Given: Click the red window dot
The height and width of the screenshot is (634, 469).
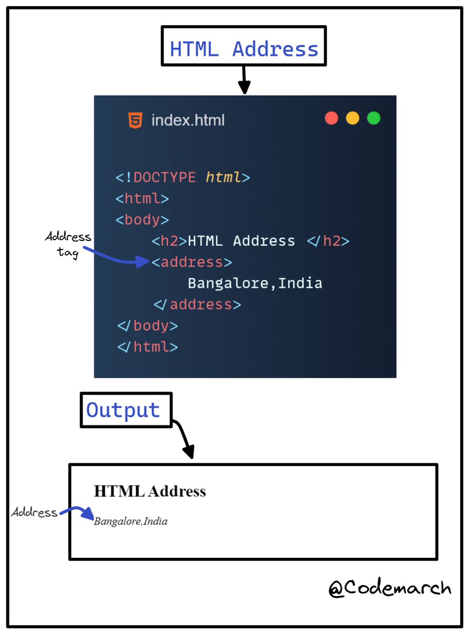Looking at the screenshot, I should tap(331, 118).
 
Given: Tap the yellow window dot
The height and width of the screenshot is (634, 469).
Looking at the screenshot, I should tap(352, 118).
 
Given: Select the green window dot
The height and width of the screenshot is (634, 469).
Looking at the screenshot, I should tap(374, 118).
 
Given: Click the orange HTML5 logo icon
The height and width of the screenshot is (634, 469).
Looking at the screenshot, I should tap(135, 120).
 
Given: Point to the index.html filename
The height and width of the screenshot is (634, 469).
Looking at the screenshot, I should tap(188, 120).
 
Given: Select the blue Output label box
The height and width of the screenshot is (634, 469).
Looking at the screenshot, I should tap(126, 410).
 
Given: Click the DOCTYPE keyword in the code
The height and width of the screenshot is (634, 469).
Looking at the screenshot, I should tap(164, 177).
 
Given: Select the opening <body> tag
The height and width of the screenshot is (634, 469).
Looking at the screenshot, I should tap(142, 220).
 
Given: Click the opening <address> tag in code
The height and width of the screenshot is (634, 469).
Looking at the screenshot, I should tap(192, 262).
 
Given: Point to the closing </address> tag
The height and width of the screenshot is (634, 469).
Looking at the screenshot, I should tap(197, 304).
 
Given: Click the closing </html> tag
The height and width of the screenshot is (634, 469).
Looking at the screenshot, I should tap(148, 347).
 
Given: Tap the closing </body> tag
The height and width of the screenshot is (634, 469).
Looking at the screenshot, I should tap(148, 325).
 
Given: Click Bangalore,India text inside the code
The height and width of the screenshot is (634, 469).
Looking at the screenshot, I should tap(255, 283).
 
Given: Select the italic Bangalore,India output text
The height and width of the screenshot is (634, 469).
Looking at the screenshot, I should tap(131, 521).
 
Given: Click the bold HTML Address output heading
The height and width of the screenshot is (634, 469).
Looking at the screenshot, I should tap(150, 491).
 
